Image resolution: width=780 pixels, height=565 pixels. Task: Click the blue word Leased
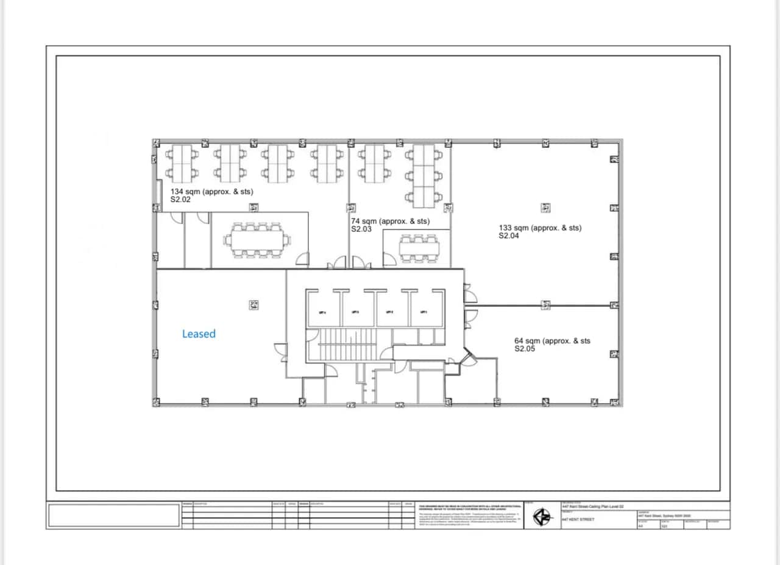coord(199,334)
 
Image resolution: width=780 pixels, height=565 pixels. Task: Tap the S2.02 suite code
coord(181,199)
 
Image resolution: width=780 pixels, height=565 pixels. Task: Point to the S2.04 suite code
coord(509,236)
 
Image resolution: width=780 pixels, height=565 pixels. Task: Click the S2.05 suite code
coord(525,349)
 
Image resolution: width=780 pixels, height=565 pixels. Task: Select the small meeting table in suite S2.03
coord(419,248)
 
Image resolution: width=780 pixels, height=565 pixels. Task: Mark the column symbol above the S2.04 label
coord(546,208)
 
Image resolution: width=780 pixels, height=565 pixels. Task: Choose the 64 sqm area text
coord(526,341)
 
